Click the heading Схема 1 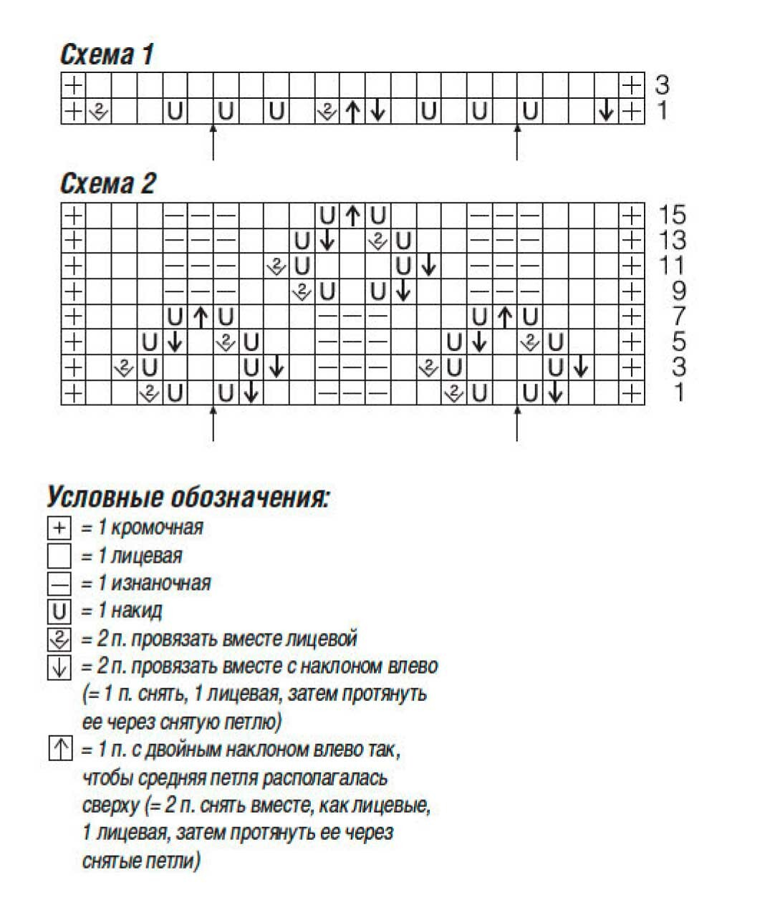click(107, 54)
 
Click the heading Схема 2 click(107, 184)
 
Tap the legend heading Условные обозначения click(188, 496)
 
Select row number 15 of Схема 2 click(673, 215)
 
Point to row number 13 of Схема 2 click(673, 240)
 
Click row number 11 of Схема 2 click(673, 266)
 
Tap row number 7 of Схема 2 click(678, 316)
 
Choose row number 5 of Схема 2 click(678, 342)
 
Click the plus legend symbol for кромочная click(59, 528)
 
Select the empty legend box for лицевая click(59, 556)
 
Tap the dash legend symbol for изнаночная click(59, 584)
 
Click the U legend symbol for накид click(59, 611)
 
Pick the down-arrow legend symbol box click(59, 667)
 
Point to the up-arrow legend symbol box click(59, 749)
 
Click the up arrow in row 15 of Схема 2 click(352, 215)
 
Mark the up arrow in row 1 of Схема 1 click(352, 112)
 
